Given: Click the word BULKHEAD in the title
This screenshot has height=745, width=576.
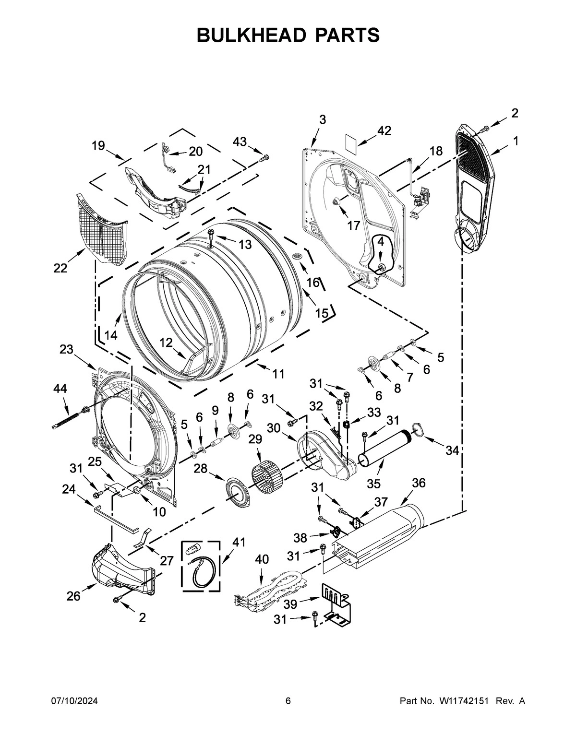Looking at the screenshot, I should pyautogui.click(x=252, y=35).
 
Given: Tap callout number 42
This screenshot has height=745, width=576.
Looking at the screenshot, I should pyautogui.click(x=384, y=130).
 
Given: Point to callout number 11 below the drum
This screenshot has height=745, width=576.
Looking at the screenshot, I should pyautogui.click(x=278, y=374).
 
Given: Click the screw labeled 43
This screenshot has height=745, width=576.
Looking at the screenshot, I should pyautogui.click(x=264, y=157).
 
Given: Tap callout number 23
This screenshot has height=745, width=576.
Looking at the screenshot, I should pyautogui.click(x=66, y=349).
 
